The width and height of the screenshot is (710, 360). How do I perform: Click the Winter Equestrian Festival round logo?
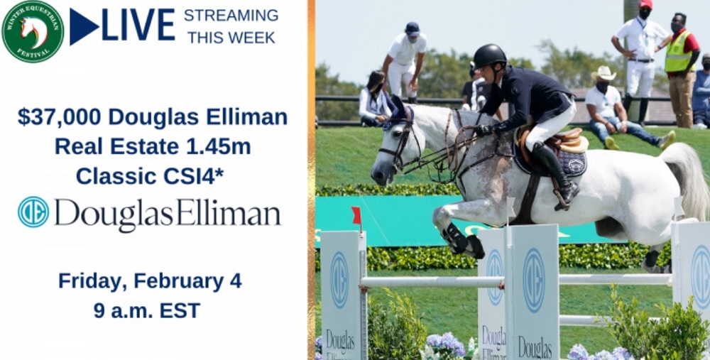33,31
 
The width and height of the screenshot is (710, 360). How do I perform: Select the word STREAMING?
231,16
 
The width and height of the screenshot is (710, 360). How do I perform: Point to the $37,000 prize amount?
60,117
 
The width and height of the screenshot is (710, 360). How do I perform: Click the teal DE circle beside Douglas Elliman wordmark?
33,212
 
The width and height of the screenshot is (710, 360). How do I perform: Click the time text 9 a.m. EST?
147,310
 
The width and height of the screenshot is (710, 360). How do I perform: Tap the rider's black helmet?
489,55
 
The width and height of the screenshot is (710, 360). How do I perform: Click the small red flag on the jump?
357,215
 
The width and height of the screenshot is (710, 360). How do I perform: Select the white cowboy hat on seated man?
603,73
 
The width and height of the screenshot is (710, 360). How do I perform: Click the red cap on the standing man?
645,4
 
